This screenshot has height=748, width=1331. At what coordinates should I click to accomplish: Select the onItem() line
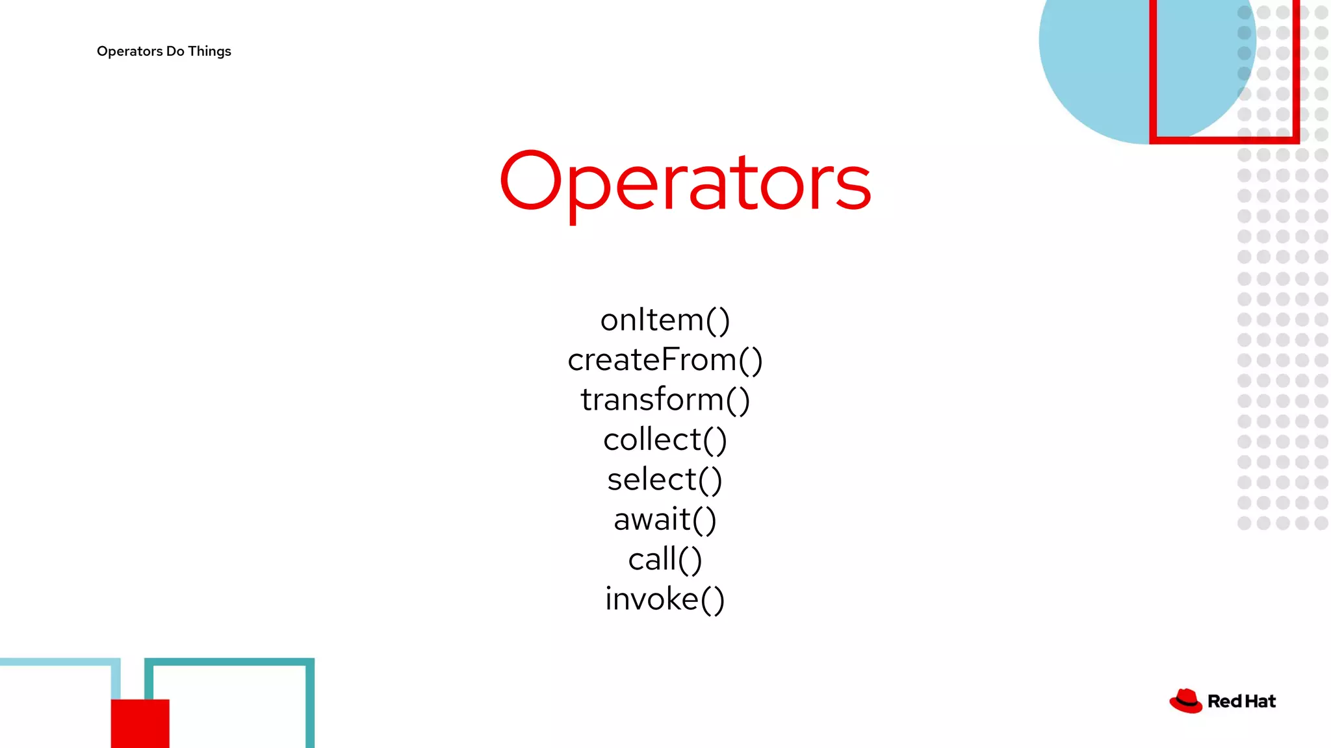click(665, 320)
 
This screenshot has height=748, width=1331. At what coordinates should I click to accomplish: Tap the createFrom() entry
click(665, 360)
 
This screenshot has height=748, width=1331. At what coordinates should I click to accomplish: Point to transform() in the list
click(665, 399)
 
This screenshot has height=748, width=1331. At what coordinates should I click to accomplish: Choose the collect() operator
click(665, 440)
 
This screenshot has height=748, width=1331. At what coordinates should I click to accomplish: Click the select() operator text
click(665, 480)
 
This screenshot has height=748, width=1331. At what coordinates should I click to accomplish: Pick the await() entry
click(665, 519)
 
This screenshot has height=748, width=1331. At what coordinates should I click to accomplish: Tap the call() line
click(665, 559)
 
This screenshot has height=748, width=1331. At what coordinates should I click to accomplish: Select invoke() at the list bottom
click(665, 599)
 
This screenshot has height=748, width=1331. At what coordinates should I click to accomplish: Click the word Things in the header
click(209, 51)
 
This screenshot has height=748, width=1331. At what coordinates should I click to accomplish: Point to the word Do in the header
click(175, 51)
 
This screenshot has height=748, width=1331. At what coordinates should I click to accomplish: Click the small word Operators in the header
click(129, 51)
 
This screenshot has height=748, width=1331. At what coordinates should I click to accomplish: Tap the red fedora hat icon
click(1186, 701)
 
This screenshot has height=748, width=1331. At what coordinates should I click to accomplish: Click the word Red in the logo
click(1224, 701)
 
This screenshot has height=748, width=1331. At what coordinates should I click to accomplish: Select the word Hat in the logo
click(1261, 701)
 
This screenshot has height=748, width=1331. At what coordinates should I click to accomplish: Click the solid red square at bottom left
click(140, 723)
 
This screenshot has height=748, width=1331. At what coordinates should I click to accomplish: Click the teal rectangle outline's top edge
click(229, 662)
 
